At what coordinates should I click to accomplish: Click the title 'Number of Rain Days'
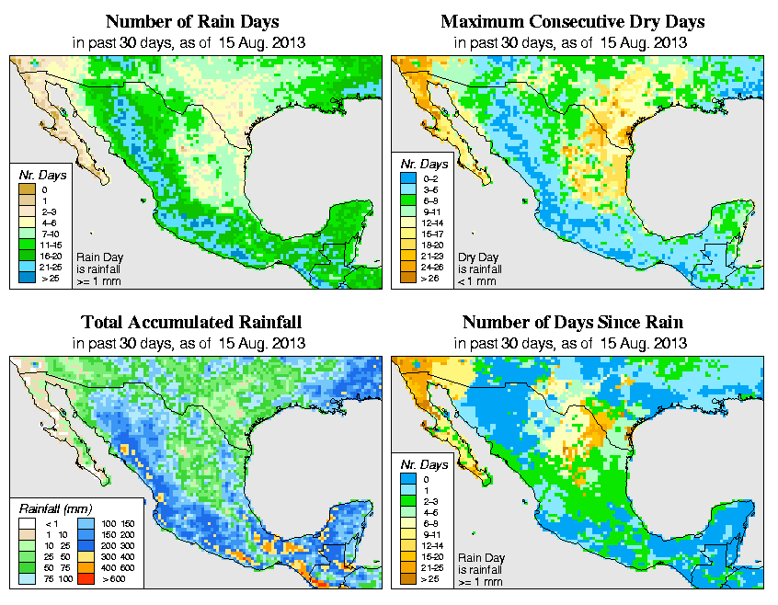pos(191,21)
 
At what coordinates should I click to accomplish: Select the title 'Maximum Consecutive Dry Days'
pos(573,21)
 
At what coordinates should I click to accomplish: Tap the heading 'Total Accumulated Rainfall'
pos(191,323)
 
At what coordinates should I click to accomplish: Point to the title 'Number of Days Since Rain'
pos(573,323)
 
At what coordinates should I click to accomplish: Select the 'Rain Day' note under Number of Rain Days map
pos(99,268)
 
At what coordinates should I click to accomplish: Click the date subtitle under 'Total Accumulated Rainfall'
pos(191,343)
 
